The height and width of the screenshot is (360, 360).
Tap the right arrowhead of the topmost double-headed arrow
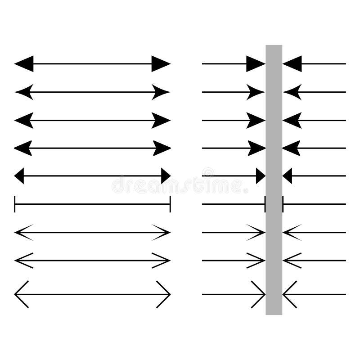[x=161, y=64]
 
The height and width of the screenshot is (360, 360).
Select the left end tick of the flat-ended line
[x=15, y=204]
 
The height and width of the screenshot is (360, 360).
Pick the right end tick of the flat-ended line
[x=170, y=204]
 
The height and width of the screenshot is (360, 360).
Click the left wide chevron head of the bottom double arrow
[x=21, y=294]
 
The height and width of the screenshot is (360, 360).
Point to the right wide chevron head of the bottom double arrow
[x=164, y=294]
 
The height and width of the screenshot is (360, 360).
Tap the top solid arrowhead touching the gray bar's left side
[x=256, y=64]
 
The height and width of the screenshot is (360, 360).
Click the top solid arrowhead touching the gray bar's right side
[x=292, y=64]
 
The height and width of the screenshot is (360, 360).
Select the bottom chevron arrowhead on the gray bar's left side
[x=259, y=294]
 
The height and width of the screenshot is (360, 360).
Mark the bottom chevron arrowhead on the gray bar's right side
[x=289, y=294]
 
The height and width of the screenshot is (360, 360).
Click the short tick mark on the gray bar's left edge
[x=265, y=204]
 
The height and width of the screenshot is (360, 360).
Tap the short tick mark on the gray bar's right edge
[x=283, y=204]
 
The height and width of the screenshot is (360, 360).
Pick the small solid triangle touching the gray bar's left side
[x=261, y=175]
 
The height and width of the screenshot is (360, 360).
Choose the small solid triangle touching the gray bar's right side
[x=288, y=175]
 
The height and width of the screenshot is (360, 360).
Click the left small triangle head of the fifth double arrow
[x=19, y=175]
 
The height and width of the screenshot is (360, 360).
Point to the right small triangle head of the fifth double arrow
[x=166, y=175]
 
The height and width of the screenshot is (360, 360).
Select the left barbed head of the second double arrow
[x=23, y=92]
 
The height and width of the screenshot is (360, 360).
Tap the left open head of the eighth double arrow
[x=23, y=260]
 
